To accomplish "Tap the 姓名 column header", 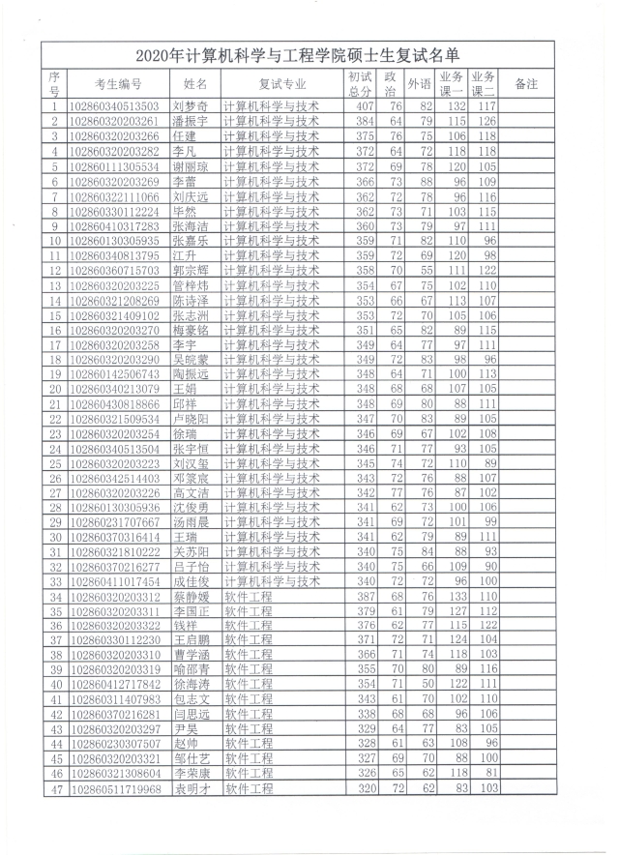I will tap(194, 84).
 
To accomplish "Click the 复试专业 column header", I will tap(282, 84).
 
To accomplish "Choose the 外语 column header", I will tap(420, 84).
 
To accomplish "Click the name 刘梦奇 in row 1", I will tap(192, 106).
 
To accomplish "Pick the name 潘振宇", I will tap(192, 122).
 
